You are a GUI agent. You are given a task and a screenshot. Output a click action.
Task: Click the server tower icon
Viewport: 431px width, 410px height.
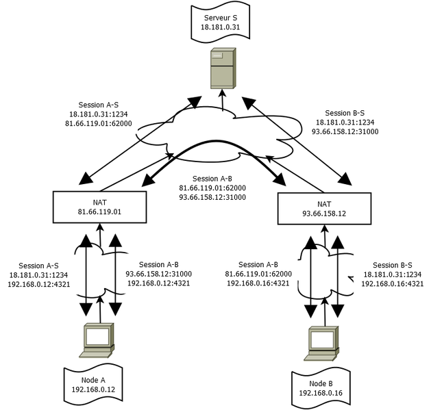pyautogui.click(x=221, y=68)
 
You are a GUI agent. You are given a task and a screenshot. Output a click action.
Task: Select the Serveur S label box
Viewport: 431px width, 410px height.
pyautogui.click(x=221, y=22)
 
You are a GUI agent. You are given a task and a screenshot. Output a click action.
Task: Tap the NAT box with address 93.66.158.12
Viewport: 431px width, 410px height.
pyautogui.click(x=324, y=207)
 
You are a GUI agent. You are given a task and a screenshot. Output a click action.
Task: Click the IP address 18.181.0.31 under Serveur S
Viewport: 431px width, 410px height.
pyautogui.click(x=221, y=27)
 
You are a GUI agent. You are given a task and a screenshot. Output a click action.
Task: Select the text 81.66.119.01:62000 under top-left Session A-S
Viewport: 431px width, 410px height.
pyautogui.click(x=99, y=124)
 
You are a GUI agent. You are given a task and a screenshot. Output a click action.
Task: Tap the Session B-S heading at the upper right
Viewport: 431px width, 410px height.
pyautogui.click(x=345, y=113)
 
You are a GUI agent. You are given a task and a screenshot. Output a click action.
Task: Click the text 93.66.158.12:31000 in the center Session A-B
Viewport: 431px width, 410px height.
pyautogui.click(x=212, y=197)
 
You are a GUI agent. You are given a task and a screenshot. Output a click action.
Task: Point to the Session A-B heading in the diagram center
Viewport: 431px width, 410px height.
pyautogui.click(x=212, y=178)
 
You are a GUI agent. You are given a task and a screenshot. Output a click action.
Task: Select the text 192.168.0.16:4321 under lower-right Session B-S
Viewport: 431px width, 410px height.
pyautogui.click(x=393, y=283)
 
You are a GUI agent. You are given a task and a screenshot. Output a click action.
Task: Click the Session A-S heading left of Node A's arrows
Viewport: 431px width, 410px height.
pyautogui.click(x=39, y=265)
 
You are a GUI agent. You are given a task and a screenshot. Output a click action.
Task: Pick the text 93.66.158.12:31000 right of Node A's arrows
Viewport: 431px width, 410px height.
pyautogui.click(x=159, y=274)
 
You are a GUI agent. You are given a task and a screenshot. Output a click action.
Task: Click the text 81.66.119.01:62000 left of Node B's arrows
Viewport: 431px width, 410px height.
pyautogui.click(x=258, y=274)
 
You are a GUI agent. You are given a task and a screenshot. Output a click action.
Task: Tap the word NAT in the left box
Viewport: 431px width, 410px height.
pyautogui.click(x=100, y=202)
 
